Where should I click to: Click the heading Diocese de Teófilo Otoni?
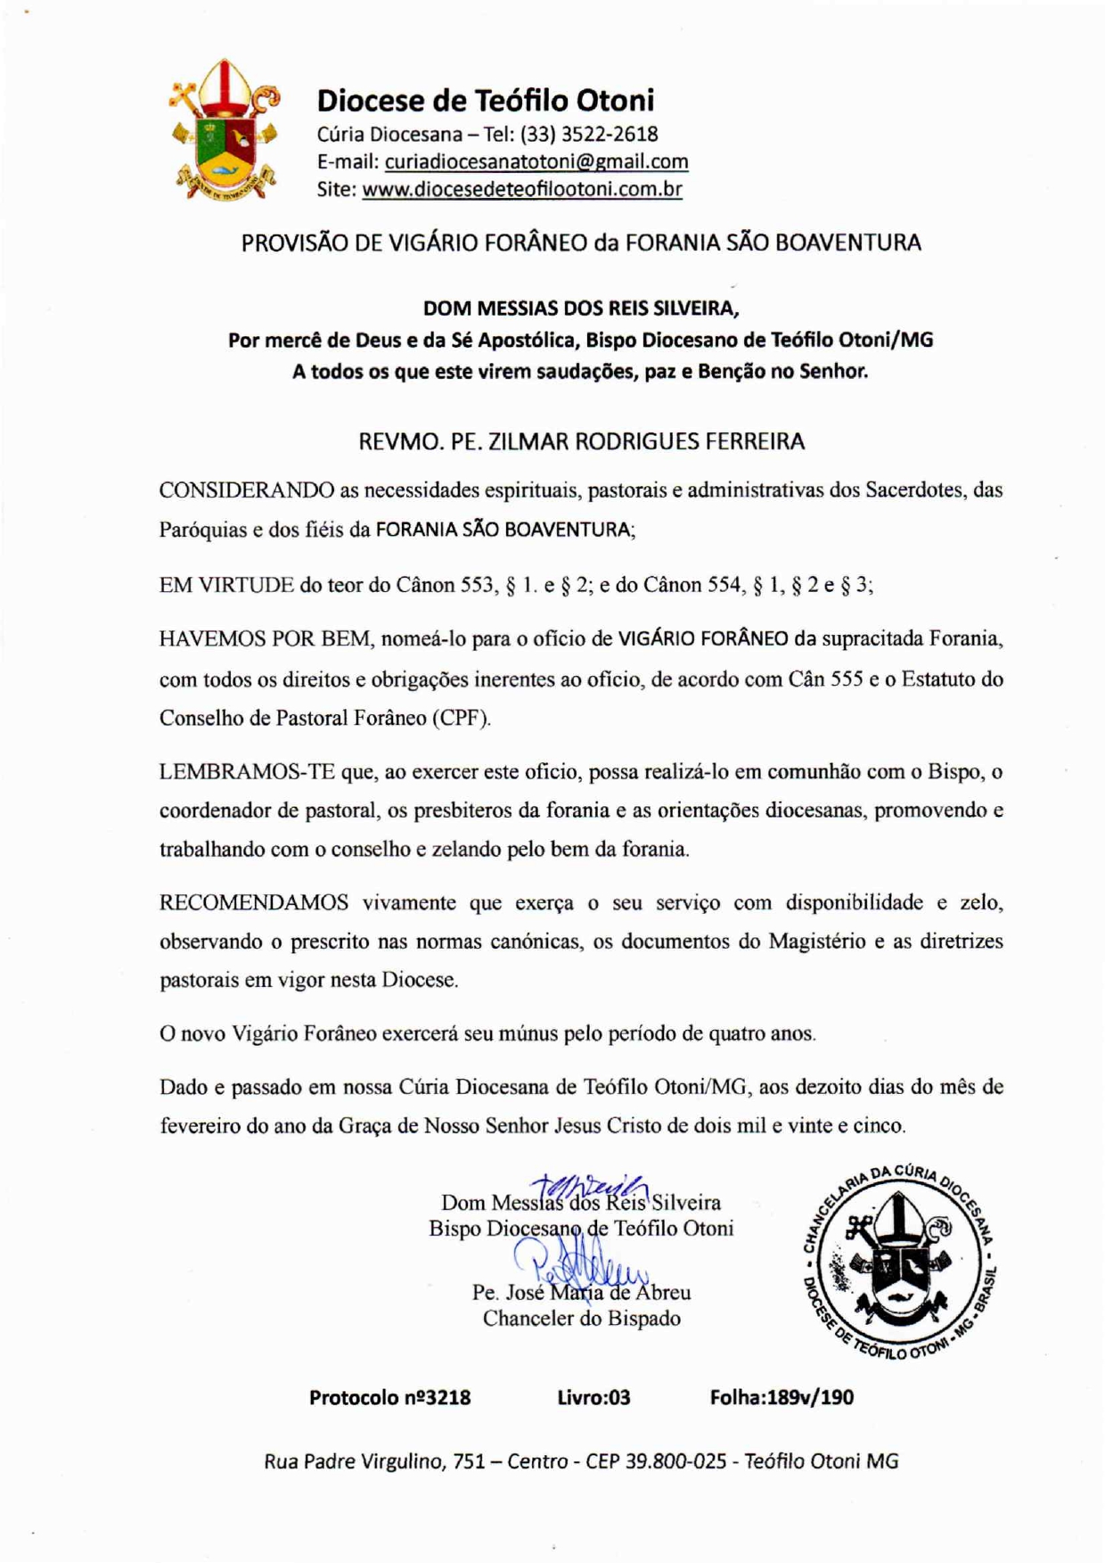[x=486, y=100]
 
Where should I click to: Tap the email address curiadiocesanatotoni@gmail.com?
[x=536, y=161]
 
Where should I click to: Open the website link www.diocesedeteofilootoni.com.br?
[x=522, y=189]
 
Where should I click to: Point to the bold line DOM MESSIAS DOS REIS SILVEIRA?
[x=581, y=308]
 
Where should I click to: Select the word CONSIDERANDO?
[x=247, y=490]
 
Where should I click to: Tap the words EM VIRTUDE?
[x=226, y=586]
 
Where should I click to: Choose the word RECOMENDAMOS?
[x=254, y=903]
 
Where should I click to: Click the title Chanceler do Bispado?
[x=581, y=1319]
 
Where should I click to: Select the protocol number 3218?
[x=447, y=1397]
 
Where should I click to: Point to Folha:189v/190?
[x=782, y=1397]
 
